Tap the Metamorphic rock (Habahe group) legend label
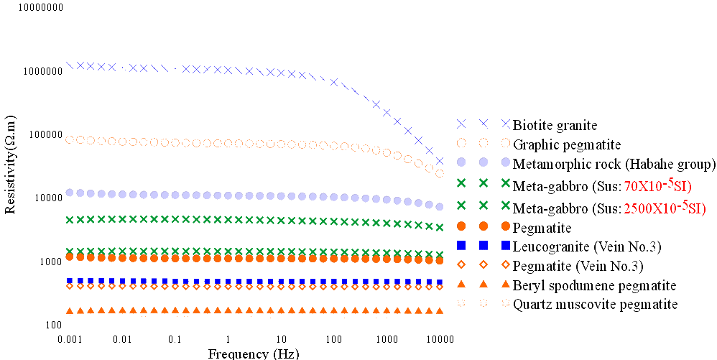pos(614,165)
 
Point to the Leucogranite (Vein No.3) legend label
pos(587,246)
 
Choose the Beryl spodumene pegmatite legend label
pos(594,285)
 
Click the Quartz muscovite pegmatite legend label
pos(595,304)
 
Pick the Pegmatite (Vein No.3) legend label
pos(578,266)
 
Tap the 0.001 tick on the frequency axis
pos(70,338)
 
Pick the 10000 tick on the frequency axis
pos(440,338)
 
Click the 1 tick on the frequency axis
pos(228,338)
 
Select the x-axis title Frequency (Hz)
pos(253,354)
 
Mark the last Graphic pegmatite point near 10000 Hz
pos(440,173)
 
